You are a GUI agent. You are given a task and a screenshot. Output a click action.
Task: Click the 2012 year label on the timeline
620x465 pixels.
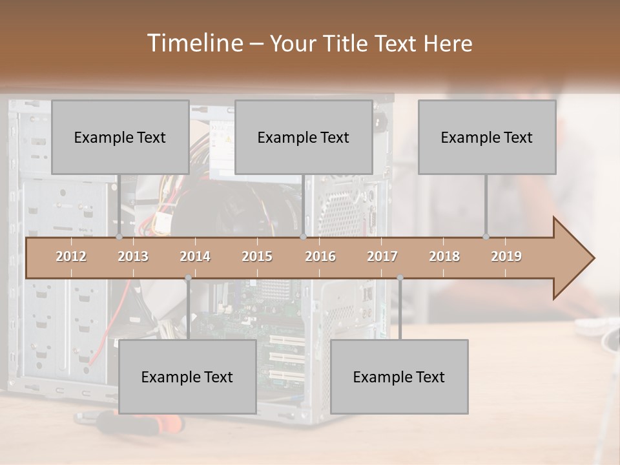pos(71,256)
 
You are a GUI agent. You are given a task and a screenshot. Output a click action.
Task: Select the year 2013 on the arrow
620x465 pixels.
pos(133,256)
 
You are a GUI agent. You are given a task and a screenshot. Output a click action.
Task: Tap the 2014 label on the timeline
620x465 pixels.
pos(195,256)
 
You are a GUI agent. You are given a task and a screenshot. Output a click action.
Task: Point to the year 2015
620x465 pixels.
pos(257,256)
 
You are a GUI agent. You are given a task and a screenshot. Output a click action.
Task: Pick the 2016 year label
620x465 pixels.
pos(320,256)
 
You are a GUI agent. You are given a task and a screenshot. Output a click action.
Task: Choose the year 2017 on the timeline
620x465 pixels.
pos(382,256)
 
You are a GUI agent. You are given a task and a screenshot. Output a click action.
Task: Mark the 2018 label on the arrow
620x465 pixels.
pos(444,256)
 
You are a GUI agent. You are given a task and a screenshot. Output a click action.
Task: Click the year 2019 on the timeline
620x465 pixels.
pos(506,256)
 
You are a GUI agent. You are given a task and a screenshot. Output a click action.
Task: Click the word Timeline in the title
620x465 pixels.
pos(194,43)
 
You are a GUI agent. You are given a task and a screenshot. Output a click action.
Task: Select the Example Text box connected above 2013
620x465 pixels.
pos(120,137)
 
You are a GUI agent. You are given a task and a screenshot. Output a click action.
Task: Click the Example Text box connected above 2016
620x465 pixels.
pos(304,137)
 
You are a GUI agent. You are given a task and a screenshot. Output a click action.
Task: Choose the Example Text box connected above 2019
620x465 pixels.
pos(487,137)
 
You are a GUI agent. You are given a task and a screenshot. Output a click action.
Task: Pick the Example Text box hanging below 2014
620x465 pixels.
pos(187,377)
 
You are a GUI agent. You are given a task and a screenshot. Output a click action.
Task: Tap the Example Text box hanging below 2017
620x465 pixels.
pos(399,377)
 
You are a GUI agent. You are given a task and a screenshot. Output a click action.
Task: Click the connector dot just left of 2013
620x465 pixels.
pos(119,237)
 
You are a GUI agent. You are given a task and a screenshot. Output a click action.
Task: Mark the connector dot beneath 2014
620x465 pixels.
pos(188,278)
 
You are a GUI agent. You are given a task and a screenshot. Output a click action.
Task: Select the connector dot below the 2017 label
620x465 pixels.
pos(400,278)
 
